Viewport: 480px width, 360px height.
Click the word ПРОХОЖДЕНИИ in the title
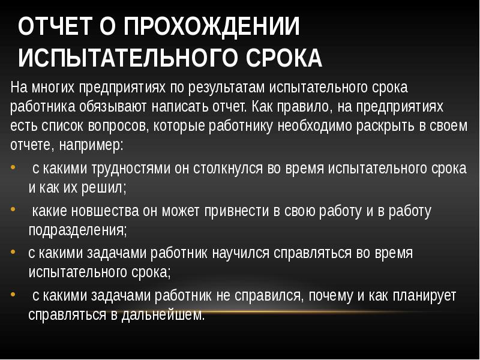[x=212, y=27]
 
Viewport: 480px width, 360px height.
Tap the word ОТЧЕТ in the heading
[x=55, y=26]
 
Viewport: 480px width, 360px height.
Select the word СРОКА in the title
[x=284, y=58]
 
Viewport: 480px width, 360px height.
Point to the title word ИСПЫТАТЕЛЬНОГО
[x=130, y=58]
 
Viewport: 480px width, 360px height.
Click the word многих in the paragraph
[x=53, y=88]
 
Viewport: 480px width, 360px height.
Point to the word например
[x=91, y=145]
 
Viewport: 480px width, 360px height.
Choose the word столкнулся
[x=228, y=168]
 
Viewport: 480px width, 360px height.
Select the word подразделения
[x=77, y=230]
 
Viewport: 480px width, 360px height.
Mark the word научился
[x=241, y=253]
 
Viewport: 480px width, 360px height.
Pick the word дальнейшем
[x=163, y=314]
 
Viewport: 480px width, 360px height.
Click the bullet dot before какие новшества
[x=13, y=209]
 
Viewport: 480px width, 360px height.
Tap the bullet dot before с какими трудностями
[x=13, y=167]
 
